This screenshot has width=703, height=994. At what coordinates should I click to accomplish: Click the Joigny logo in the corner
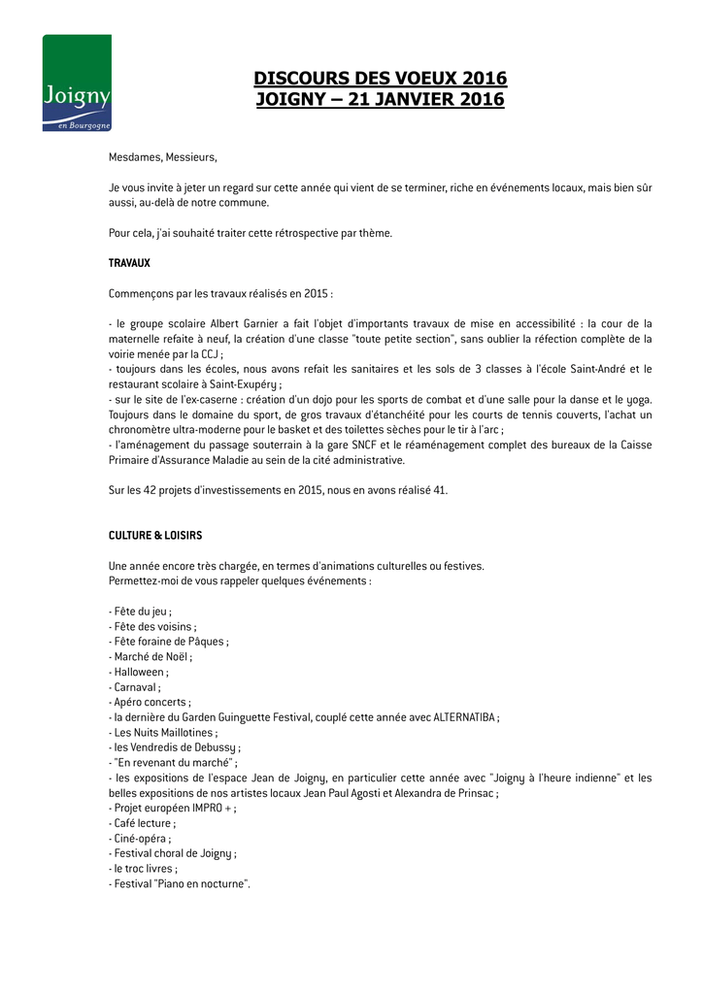coord(77,83)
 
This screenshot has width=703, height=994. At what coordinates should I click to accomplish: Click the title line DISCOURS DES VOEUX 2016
coord(381,79)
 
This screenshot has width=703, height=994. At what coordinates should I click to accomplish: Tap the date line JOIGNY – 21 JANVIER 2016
coord(381,99)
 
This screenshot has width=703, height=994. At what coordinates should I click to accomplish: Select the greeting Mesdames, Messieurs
coord(163,157)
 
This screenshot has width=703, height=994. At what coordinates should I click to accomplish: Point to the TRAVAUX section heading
coord(129,263)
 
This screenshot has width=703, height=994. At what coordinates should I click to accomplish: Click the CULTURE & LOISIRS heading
coord(155,535)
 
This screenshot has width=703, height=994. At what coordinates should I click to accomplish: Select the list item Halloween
coord(141,672)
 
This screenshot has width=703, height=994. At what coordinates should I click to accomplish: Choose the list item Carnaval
coord(138,686)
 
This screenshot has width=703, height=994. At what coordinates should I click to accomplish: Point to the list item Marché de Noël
coord(152,656)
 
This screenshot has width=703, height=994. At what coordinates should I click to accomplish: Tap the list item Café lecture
coord(145,823)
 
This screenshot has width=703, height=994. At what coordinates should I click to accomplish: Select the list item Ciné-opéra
coord(143,838)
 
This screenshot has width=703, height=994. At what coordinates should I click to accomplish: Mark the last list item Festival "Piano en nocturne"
coord(182,883)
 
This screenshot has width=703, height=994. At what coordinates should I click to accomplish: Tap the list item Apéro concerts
coord(151,702)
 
